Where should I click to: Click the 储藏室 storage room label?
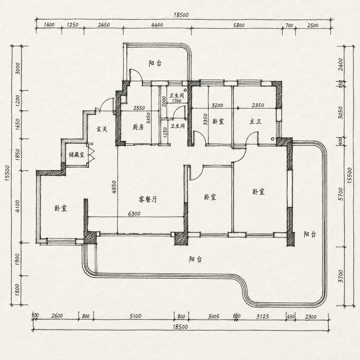click(x=77, y=155)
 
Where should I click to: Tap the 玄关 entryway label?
click(x=102, y=129)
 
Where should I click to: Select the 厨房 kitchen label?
click(x=138, y=127)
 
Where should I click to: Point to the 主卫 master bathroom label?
click(x=256, y=121)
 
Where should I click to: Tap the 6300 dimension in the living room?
click(x=134, y=214)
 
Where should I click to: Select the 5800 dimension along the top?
click(x=239, y=25)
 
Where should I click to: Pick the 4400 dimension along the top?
click(x=157, y=25)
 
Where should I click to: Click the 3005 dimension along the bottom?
click(x=214, y=317)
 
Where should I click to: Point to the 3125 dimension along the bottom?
click(x=262, y=317)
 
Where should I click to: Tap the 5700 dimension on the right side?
click(x=341, y=194)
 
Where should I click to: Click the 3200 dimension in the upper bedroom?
click(x=217, y=105)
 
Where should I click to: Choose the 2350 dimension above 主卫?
click(x=258, y=105)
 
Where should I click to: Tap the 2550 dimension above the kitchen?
click(x=139, y=108)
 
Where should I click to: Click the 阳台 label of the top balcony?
click(x=155, y=63)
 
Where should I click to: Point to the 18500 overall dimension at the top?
click(x=181, y=15)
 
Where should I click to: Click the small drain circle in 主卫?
click(x=272, y=139)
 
